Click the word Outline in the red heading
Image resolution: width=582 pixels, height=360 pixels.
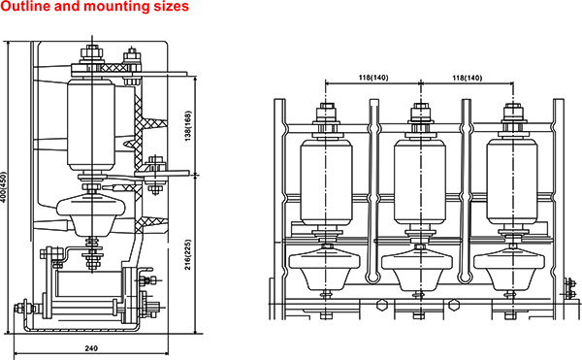tap(25, 7)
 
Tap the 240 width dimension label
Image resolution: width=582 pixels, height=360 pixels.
tap(91, 348)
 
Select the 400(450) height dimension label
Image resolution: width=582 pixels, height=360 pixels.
tap(3, 186)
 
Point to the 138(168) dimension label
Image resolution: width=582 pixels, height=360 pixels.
tap(188, 126)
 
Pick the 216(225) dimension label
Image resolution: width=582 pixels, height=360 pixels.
tap(188, 255)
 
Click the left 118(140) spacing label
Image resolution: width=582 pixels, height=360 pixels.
tap(373, 78)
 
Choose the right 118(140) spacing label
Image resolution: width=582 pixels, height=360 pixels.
tap(467, 78)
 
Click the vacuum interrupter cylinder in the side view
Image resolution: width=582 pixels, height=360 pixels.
tap(91, 125)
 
